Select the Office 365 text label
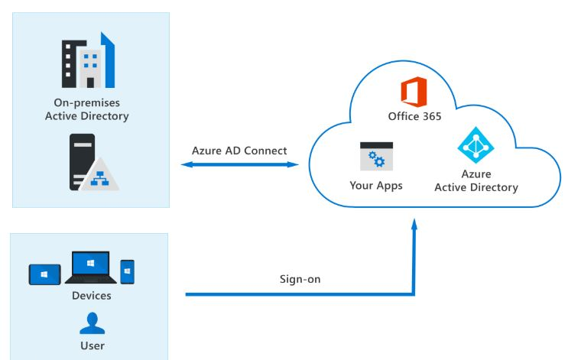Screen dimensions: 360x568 point(414,117)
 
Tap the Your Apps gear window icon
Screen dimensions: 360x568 point(376,157)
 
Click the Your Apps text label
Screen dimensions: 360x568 point(376,185)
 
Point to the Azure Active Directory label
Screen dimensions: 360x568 point(475,181)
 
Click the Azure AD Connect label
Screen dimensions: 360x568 point(239,151)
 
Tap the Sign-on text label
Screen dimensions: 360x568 point(300,279)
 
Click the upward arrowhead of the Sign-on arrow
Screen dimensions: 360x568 point(414,223)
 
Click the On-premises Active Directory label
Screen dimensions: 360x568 point(86,109)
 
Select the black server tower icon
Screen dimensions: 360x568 point(82,161)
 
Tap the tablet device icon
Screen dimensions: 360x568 point(45,274)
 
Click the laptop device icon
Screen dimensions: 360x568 point(91,268)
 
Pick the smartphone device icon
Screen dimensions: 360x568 point(128,271)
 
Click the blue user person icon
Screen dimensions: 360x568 point(92,324)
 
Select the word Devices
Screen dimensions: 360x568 point(92,296)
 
